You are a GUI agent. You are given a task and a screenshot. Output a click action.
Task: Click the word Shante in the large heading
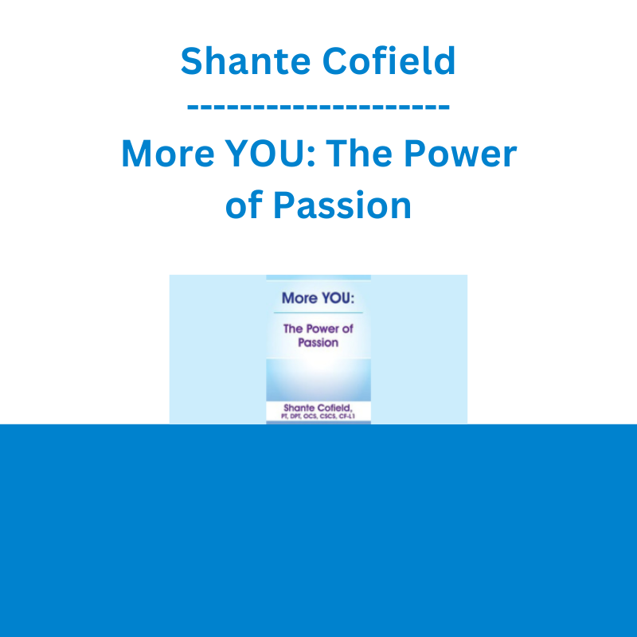tap(246, 61)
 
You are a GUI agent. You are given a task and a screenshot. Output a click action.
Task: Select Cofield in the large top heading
tap(389, 61)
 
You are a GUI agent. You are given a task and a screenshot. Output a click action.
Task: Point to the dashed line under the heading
tap(318, 107)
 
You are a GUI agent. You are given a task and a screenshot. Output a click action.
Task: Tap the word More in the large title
tap(168, 153)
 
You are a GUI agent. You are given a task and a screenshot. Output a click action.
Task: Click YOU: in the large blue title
tap(271, 153)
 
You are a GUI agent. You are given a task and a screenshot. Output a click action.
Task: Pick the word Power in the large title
tap(460, 153)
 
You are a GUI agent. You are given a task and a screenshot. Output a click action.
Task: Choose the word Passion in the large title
tap(342, 205)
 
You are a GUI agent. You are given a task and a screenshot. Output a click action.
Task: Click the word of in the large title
tap(244, 205)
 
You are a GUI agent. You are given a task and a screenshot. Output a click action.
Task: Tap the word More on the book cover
tap(300, 298)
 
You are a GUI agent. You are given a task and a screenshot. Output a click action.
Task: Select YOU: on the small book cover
tap(338, 298)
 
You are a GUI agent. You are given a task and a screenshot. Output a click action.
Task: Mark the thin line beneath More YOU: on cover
tap(318, 313)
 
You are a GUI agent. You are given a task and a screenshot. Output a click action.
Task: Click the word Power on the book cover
tap(322, 329)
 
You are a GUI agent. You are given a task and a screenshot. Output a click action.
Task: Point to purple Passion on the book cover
tap(318, 342)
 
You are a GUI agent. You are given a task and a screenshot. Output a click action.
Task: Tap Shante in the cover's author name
tap(299, 408)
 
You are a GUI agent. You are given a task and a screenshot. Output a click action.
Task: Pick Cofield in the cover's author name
tap(334, 408)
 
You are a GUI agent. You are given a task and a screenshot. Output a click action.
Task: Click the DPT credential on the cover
tap(295, 416)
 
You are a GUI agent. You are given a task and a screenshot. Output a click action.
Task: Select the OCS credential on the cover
tap(310, 416)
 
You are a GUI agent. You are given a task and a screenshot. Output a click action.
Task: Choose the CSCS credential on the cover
tap(327, 416)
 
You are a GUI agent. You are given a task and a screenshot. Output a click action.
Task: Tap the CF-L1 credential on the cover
tap(347, 416)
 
